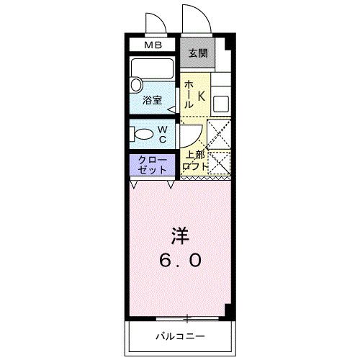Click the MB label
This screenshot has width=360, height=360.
(153, 45)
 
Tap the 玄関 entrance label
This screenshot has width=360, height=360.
(198, 53)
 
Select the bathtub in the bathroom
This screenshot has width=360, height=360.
(153, 71)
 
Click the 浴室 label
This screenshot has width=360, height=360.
(151, 100)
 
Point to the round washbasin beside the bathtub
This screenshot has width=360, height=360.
(136, 85)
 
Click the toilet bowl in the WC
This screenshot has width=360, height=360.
(144, 133)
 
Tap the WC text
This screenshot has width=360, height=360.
(163, 133)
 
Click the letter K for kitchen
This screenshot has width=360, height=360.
(202, 95)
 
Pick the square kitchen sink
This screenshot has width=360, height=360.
(220, 102)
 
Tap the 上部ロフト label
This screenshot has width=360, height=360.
(196, 161)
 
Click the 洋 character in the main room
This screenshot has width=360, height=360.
(179, 235)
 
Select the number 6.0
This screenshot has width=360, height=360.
(180, 261)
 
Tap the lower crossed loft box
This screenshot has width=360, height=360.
(219, 163)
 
